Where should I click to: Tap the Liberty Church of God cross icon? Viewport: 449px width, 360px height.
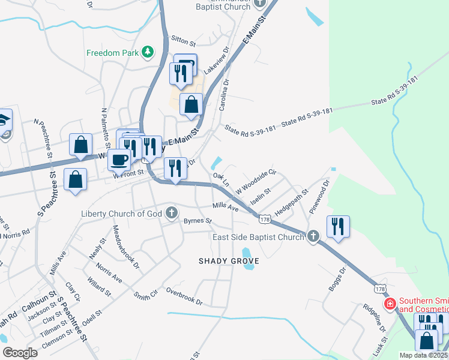pyautogui.click(x=172, y=213)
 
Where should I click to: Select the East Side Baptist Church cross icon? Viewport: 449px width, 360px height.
pyautogui.click(x=313, y=237)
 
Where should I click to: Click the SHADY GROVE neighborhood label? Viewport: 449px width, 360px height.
pyautogui.click(x=229, y=261)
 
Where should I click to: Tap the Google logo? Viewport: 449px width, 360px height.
pyautogui.click(x=20, y=353)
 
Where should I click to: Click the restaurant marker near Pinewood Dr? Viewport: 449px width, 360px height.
pyautogui.click(x=338, y=226)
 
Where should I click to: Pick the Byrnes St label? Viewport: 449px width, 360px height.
pyautogui.click(x=198, y=221)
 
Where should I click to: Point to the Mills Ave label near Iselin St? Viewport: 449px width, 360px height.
pyautogui.click(x=225, y=207)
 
